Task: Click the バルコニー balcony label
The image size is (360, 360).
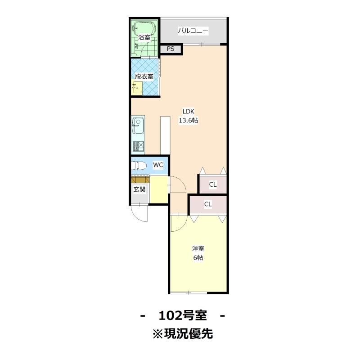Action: pyautogui.click(x=193, y=31)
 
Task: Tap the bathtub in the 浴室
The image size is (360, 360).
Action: pyautogui.click(x=144, y=28)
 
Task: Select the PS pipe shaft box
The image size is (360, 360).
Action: pyautogui.click(x=171, y=49)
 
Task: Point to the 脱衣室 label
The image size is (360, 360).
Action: pyautogui.click(x=144, y=76)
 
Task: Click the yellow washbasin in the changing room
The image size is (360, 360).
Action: pyautogui.click(x=137, y=88)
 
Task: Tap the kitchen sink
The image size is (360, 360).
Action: pyautogui.click(x=138, y=126)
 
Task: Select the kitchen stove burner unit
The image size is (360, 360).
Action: pyautogui.click(x=139, y=147)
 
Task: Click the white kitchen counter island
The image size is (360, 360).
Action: pyautogui.click(x=165, y=135)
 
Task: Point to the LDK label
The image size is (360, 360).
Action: pyautogui.click(x=189, y=112)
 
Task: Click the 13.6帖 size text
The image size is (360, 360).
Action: pyautogui.click(x=189, y=121)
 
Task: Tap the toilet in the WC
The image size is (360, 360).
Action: pyautogui.click(x=139, y=166)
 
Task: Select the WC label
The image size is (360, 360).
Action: pyautogui.click(x=158, y=165)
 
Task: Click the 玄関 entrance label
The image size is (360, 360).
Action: pyautogui.click(x=139, y=189)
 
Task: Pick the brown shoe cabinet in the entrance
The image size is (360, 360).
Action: pyautogui.click(x=140, y=179)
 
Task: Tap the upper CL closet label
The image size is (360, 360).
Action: pyautogui.click(x=213, y=184)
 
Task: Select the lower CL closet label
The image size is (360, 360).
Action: pyautogui.click(x=208, y=204)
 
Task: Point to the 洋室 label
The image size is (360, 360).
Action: pyautogui.click(x=198, y=249)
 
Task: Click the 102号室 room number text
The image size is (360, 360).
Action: pyautogui.click(x=183, y=315)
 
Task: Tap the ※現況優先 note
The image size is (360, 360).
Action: pyautogui.click(x=183, y=333)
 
